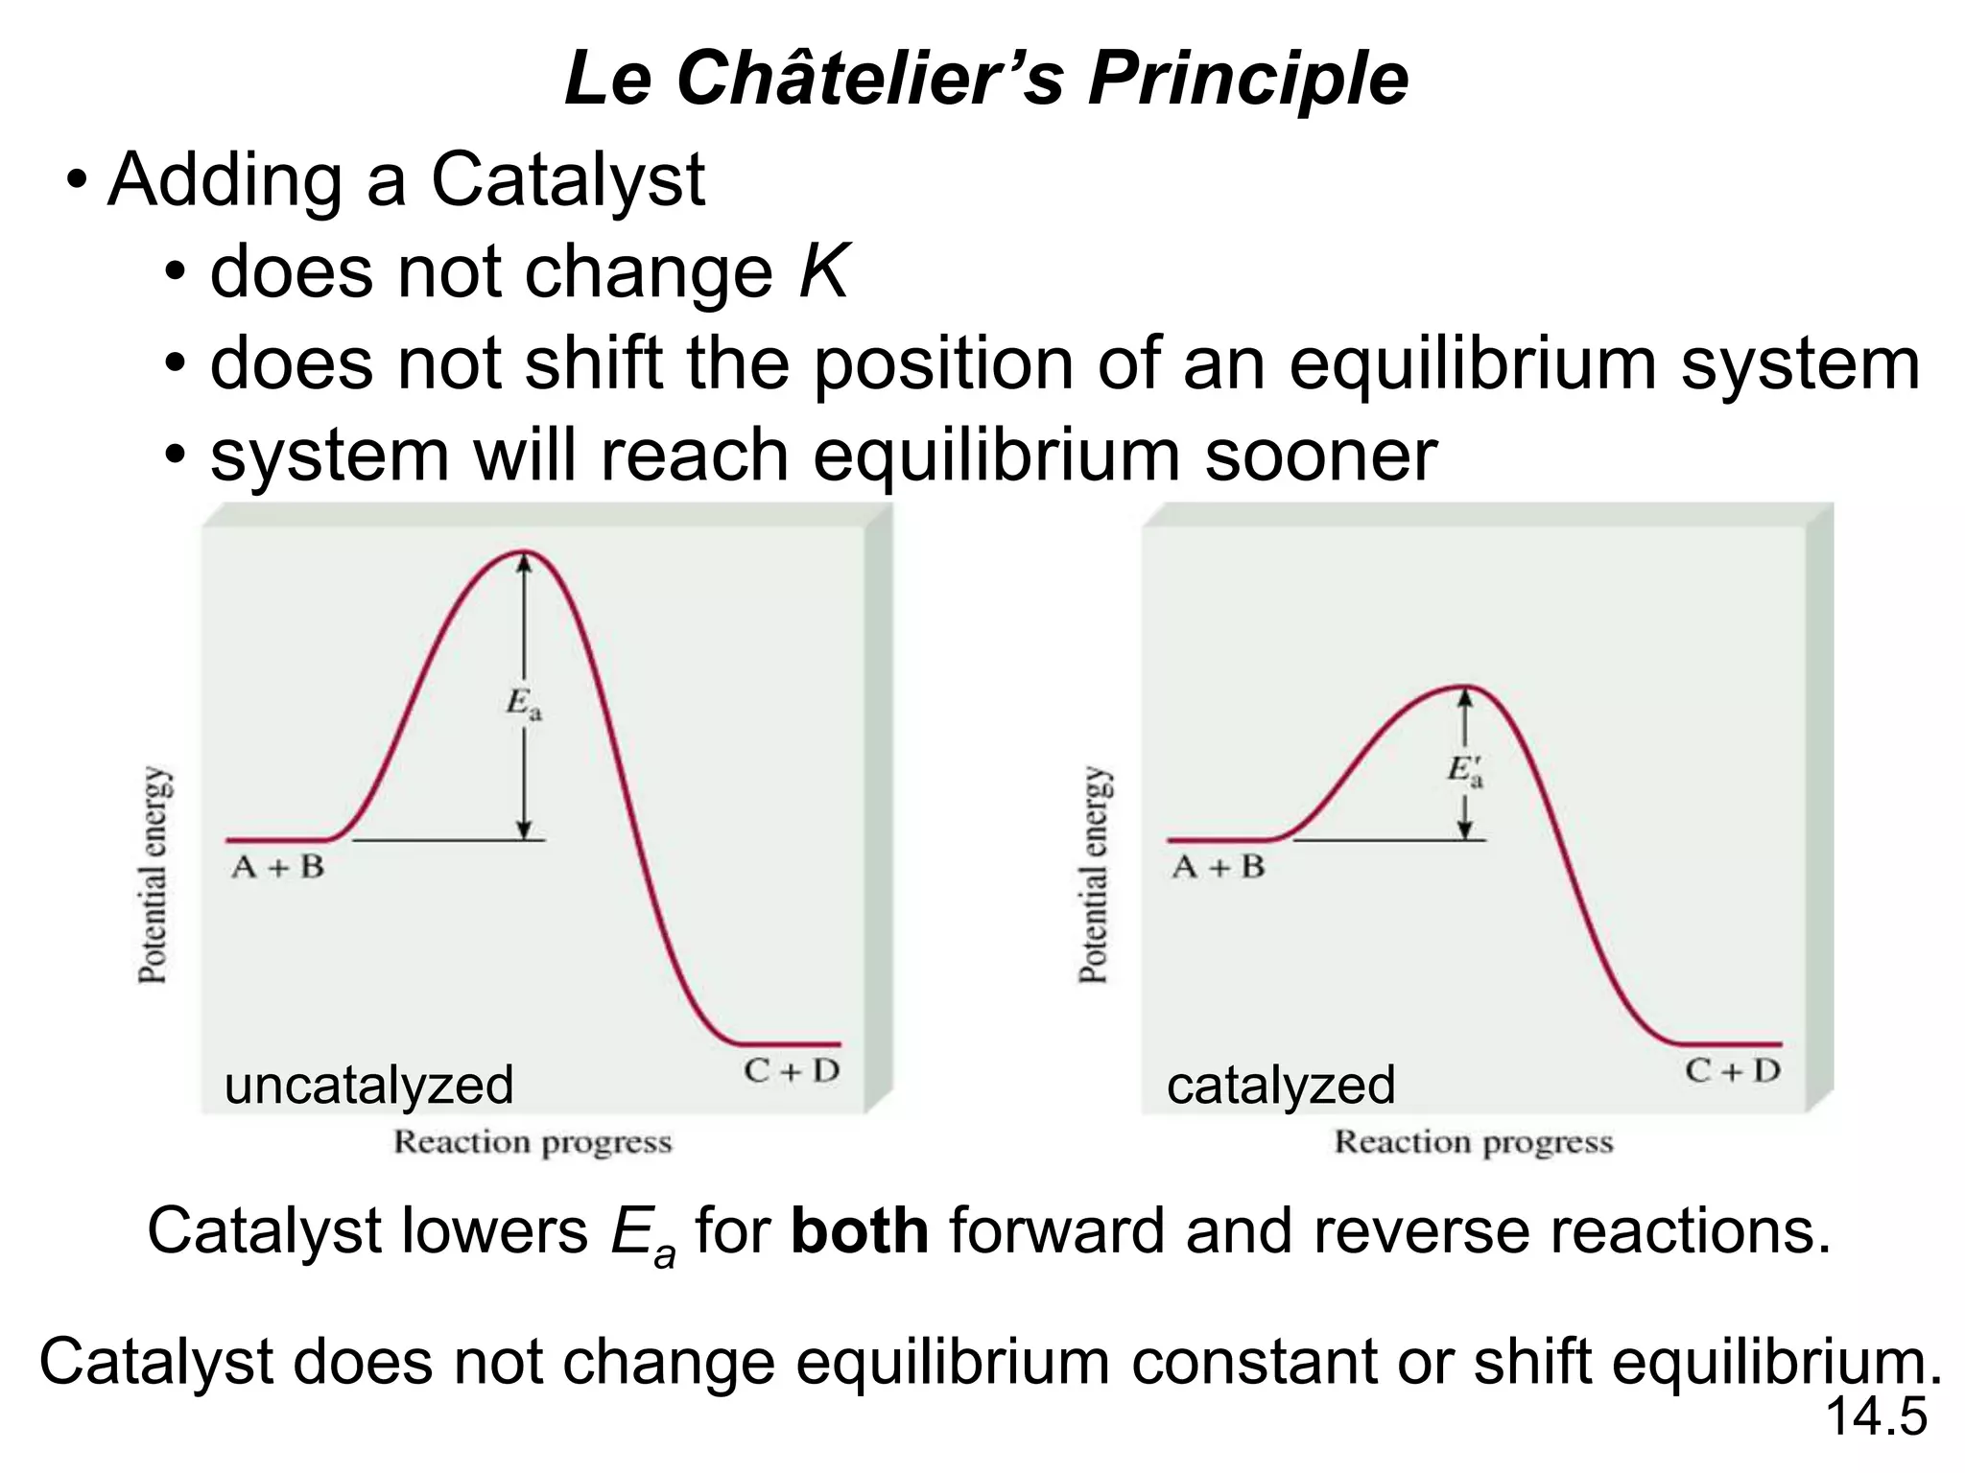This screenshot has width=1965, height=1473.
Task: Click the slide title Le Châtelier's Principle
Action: pos(986,79)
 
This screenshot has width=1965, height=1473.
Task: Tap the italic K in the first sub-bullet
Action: pos(823,272)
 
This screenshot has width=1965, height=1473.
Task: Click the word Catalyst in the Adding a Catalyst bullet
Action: pos(567,180)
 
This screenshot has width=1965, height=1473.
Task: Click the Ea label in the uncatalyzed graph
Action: pos(524,704)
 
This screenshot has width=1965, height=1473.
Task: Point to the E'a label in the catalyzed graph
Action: pos(1464,770)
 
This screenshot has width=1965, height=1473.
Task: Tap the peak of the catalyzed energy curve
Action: pos(1462,687)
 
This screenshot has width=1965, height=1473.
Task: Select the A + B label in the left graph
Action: pos(278,868)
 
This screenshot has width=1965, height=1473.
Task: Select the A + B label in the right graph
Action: pos(1219,868)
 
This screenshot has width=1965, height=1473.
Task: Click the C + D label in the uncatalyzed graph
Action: pos(792,1071)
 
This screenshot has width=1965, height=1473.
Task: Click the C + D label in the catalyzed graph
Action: pos(1733,1071)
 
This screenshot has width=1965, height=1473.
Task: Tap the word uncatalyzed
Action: pos(368,1086)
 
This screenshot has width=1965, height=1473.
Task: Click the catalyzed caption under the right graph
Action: pos(1280,1086)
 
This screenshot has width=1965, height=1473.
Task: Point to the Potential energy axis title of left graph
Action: pos(154,875)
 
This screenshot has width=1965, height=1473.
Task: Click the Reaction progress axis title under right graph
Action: pos(1474,1142)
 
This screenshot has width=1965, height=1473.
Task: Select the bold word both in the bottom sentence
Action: pos(859,1231)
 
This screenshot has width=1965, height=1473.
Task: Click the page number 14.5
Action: pos(1875,1416)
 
